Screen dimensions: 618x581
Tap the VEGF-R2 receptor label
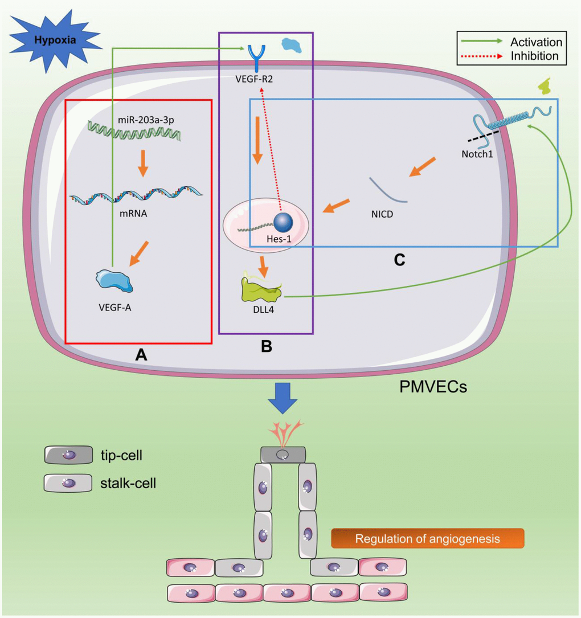coord(255,80)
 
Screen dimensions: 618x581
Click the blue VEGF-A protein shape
coord(114,281)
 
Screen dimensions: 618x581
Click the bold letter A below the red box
coord(140,355)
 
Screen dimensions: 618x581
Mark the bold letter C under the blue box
coord(400,260)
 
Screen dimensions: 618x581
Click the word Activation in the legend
coord(536,42)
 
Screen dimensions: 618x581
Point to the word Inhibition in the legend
coord(534,56)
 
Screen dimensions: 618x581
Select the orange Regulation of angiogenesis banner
coord(427,538)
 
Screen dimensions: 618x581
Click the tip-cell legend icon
coord(68,455)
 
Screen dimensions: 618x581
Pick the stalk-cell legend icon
coord(68,483)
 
